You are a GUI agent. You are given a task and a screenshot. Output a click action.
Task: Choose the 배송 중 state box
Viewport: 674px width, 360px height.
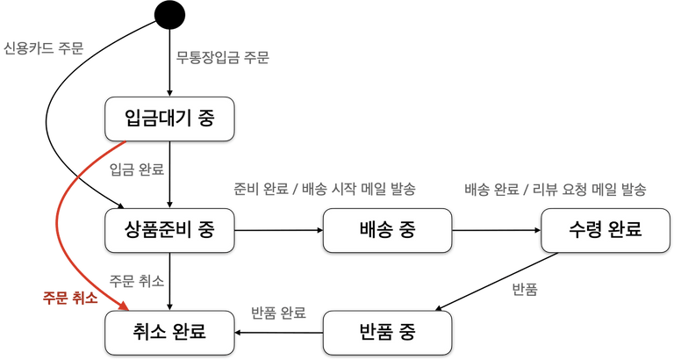(386, 230)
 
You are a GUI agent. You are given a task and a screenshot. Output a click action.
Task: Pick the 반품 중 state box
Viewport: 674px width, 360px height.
(386, 333)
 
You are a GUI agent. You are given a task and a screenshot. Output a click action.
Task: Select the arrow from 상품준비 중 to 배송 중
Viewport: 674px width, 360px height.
(279, 230)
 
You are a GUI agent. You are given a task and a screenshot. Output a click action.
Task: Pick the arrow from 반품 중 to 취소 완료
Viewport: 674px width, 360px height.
(279, 333)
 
